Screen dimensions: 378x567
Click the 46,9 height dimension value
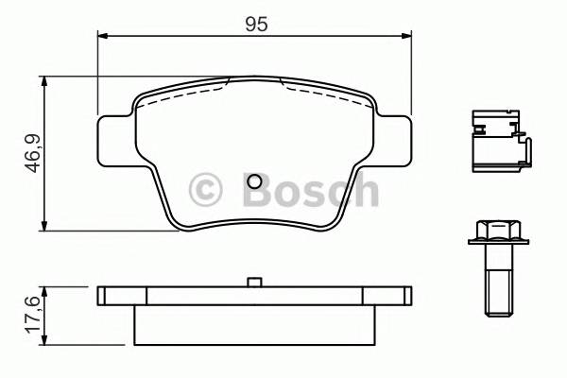[32, 153]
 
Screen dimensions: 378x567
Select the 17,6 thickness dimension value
[32, 314]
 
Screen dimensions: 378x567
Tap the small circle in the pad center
[254, 183]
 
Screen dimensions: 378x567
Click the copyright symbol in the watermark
[205, 190]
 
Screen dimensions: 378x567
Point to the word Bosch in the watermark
[309, 190]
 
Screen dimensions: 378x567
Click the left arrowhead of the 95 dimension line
[103, 37]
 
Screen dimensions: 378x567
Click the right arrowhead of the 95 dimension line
[407, 37]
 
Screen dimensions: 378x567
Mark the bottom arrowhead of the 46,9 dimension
[44, 226]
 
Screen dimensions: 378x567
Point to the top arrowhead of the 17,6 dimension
[44, 288]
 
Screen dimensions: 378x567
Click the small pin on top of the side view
[253, 282]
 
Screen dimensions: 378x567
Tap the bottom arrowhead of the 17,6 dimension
[44, 340]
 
